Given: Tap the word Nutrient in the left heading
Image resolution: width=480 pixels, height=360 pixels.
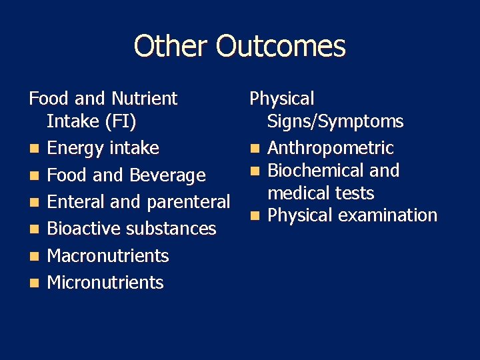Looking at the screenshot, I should click(x=144, y=99).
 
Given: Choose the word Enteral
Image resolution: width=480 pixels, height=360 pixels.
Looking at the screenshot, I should click(x=75, y=202).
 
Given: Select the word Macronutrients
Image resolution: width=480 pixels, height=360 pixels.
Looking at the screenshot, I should click(x=108, y=256).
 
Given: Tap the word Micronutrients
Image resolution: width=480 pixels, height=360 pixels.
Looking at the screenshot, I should click(x=105, y=283).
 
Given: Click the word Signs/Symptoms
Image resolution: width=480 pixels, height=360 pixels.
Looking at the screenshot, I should click(x=335, y=121).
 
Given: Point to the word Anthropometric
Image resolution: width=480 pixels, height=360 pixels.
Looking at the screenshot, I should click(x=331, y=148).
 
